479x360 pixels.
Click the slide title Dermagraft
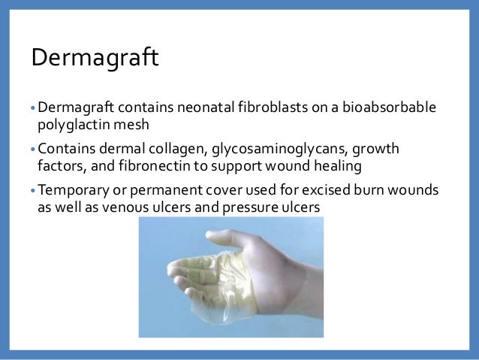pyautogui.click(x=94, y=56)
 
